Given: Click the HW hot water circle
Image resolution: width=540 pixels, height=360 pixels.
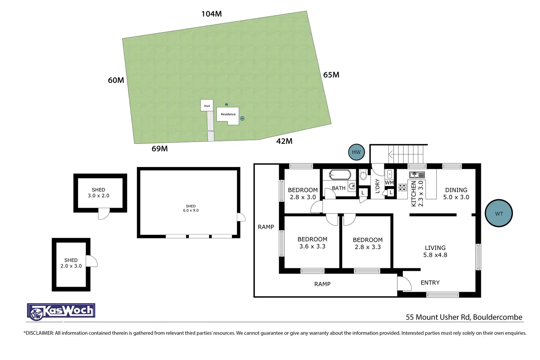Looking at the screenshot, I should [356, 152].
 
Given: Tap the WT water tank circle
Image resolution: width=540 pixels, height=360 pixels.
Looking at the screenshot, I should [499, 214].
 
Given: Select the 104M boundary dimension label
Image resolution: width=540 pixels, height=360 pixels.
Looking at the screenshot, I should [212, 14].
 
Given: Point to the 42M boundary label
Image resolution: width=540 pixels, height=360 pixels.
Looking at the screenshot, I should [284, 141].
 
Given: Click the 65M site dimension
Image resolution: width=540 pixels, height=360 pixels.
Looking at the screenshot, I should [331, 75].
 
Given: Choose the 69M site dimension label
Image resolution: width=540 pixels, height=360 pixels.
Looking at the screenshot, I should [160, 149].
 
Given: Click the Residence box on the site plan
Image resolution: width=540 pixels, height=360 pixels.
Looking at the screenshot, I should [228, 115].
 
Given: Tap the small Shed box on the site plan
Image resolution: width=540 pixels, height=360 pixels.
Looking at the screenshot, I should [207, 105].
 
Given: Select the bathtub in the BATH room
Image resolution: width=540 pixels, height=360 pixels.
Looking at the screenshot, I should [340, 175].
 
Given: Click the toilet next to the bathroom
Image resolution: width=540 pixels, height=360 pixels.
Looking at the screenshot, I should [363, 175].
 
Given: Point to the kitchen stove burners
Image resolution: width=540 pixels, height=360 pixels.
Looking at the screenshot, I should [403, 188].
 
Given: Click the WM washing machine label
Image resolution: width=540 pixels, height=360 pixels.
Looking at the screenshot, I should [389, 183].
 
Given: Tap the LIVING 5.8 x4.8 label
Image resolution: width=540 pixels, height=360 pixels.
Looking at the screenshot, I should [435, 251].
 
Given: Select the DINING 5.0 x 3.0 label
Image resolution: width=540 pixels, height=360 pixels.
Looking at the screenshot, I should [456, 193].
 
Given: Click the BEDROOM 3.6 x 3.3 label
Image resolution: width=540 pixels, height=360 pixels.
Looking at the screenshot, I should [312, 243].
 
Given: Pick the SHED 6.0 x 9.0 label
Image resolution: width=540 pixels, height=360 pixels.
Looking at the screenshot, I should [191, 208].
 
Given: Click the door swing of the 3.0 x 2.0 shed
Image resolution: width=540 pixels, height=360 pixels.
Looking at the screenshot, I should [103, 214].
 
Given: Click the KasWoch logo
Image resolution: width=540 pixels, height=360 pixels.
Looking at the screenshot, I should [61, 312].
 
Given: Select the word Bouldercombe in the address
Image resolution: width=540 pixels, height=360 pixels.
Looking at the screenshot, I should [497, 317].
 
